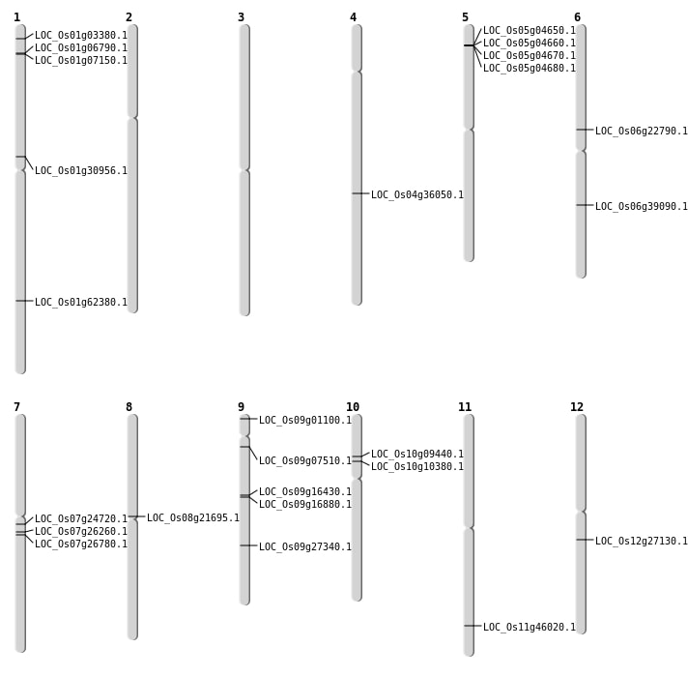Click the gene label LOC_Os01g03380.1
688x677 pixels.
pos(81,36)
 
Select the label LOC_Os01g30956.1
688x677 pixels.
pos(81,171)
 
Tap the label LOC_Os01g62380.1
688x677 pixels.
pos(81,303)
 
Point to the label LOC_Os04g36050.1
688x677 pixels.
pos(417,195)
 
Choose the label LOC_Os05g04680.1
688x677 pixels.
pos(530,69)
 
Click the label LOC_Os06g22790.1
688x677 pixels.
pos(642,132)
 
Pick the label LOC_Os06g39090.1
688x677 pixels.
pos(642,207)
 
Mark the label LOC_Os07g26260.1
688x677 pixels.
pos(81,532)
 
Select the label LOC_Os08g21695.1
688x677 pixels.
pos(193,518)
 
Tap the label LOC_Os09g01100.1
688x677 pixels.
pos(305,421)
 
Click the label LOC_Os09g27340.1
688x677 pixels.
pos(305,547)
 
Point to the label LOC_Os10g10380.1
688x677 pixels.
pos(417,467)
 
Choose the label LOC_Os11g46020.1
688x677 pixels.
pos(530,628)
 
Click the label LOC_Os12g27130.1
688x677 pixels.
pos(642,542)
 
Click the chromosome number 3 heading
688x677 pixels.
pos(241,17)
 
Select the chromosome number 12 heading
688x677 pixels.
pos(577,407)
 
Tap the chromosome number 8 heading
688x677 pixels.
pos(129,407)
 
